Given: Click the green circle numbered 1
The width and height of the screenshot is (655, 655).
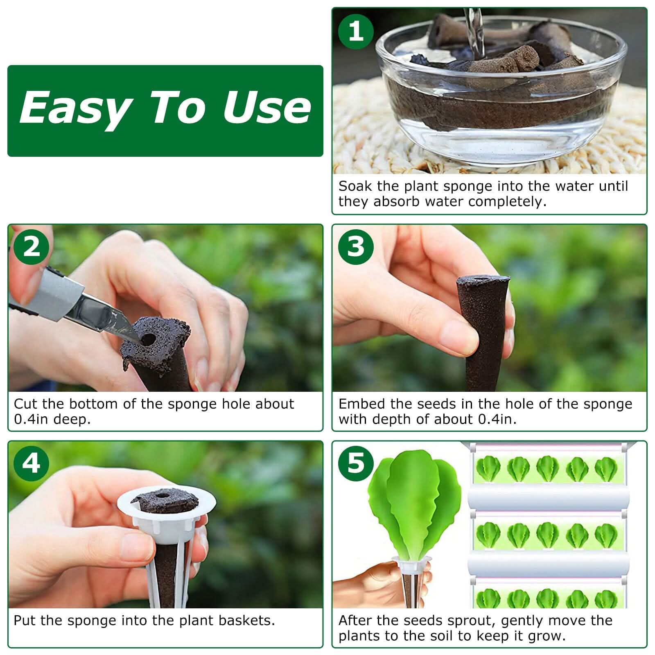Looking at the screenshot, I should [x=355, y=32].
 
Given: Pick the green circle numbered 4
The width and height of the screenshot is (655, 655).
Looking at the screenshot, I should [x=31, y=463].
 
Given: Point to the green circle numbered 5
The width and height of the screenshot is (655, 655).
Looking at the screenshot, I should [x=355, y=463].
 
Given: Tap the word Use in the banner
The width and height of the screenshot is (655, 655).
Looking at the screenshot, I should [x=266, y=107].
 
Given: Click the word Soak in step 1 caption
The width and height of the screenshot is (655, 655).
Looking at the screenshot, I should [x=355, y=187].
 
